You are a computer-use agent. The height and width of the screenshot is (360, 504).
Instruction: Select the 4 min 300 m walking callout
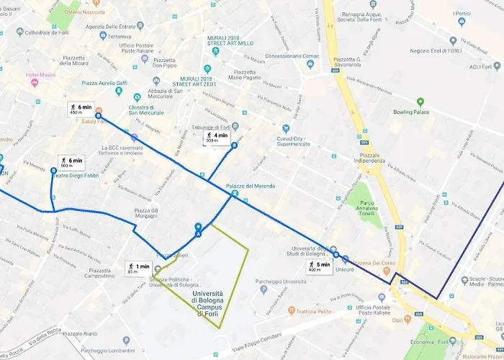coord(216,138)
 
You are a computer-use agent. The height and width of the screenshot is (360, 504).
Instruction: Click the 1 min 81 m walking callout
coord(138,269)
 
